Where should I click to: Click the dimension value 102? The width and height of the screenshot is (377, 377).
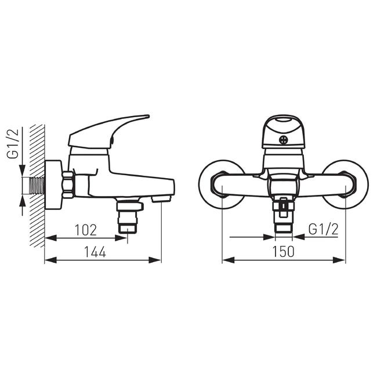coord(86,230)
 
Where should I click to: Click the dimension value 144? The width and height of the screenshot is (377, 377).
coord(95,252)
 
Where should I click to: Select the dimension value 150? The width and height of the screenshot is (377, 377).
coord(283,252)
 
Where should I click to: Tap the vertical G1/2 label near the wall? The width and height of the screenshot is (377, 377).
coord(13,143)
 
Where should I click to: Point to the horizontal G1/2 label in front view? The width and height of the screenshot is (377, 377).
coord(324,229)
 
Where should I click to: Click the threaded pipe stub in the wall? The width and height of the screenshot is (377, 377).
coord(37,186)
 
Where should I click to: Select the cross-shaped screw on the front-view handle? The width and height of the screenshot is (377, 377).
coord(284,140)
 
